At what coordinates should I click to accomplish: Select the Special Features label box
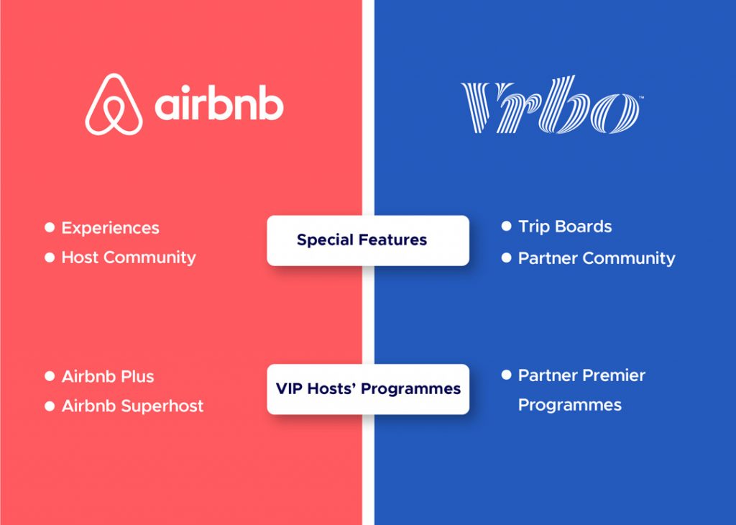pos(368,240)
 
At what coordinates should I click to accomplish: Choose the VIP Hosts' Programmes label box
pos(368,389)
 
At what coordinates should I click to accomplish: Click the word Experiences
pos(110,228)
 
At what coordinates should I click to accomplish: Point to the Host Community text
pos(129,257)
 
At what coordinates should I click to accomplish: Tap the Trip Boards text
pos(565,227)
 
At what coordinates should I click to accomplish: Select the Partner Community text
pos(597,258)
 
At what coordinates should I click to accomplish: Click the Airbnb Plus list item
pos(108,377)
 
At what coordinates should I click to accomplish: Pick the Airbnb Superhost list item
pos(133,406)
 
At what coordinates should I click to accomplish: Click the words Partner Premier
pos(581,375)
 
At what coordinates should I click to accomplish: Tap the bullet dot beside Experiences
pos(50,228)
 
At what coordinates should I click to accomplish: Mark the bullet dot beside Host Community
pos(50,257)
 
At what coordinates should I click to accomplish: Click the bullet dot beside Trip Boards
pos(507,227)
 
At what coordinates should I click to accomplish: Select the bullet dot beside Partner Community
pos(507,257)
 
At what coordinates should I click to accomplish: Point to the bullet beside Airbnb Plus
pos(50,376)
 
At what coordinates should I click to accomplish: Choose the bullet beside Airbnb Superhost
pos(50,406)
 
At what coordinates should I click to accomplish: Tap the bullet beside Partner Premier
pos(507,375)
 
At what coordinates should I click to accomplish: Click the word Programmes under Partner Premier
pos(570,405)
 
